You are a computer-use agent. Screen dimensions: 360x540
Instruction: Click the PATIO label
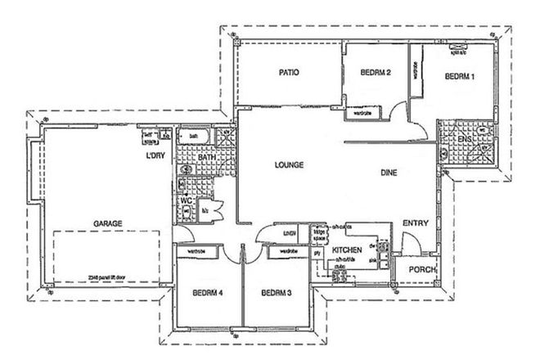288,73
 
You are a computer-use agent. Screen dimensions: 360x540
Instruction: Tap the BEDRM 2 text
376,73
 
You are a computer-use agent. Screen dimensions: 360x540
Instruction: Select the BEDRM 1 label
460,76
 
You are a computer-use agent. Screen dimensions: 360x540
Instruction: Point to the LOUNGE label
289,165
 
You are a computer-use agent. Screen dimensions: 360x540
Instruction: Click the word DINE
389,173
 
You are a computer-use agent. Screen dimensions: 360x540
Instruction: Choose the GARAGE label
108,222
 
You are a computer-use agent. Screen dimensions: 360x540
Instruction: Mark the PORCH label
422,270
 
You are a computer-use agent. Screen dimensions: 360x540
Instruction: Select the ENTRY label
414,223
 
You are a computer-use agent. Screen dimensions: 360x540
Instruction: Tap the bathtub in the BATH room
197,136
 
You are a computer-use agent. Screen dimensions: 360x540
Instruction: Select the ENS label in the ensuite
464,140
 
